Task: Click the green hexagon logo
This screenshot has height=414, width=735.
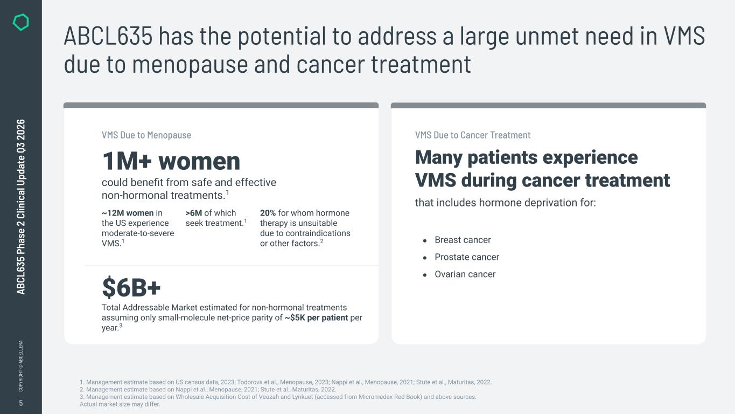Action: pyautogui.click(x=20, y=22)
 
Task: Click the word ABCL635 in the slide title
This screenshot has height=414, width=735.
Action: pyautogui.click(x=108, y=36)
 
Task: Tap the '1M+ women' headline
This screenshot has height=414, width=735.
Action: pyautogui.click(x=171, y=161)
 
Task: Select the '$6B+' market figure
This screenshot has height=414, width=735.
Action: pyautogui.click(x=131, y=287)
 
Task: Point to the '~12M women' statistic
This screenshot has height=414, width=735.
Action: pyautogui.click(x=128, y=213)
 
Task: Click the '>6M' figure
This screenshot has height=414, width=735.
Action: pyautogui.click(x=194, y=213)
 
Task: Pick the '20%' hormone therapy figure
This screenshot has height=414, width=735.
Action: pyautogui.click(x=268, y=213)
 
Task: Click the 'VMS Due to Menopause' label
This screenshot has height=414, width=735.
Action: pyautogui.click(x=146, y=135)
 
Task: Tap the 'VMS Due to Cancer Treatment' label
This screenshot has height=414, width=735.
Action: pyautogui.click(x=473, y=135)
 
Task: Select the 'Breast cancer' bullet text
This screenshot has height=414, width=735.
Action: pyautogui.click(x=463, y=240)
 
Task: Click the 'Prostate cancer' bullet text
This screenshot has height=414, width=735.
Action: pyautogui.click(x=467, y=257)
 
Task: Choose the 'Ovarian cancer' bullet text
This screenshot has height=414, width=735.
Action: pyautogui.click(x=465, y=274)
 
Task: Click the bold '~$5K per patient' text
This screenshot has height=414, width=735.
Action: pyautogui.click(x=316, y=318)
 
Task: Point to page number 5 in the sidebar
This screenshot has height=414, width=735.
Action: pyautogui.click(x=20, y=403)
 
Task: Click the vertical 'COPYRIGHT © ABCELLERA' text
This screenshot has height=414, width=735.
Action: pyautogui.click(x=20, y=365)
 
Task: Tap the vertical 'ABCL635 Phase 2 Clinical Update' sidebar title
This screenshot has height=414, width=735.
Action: pyautogui.click(x=20, y=207)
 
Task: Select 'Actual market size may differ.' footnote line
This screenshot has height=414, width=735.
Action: pyautogui.click(x=120, y=404)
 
